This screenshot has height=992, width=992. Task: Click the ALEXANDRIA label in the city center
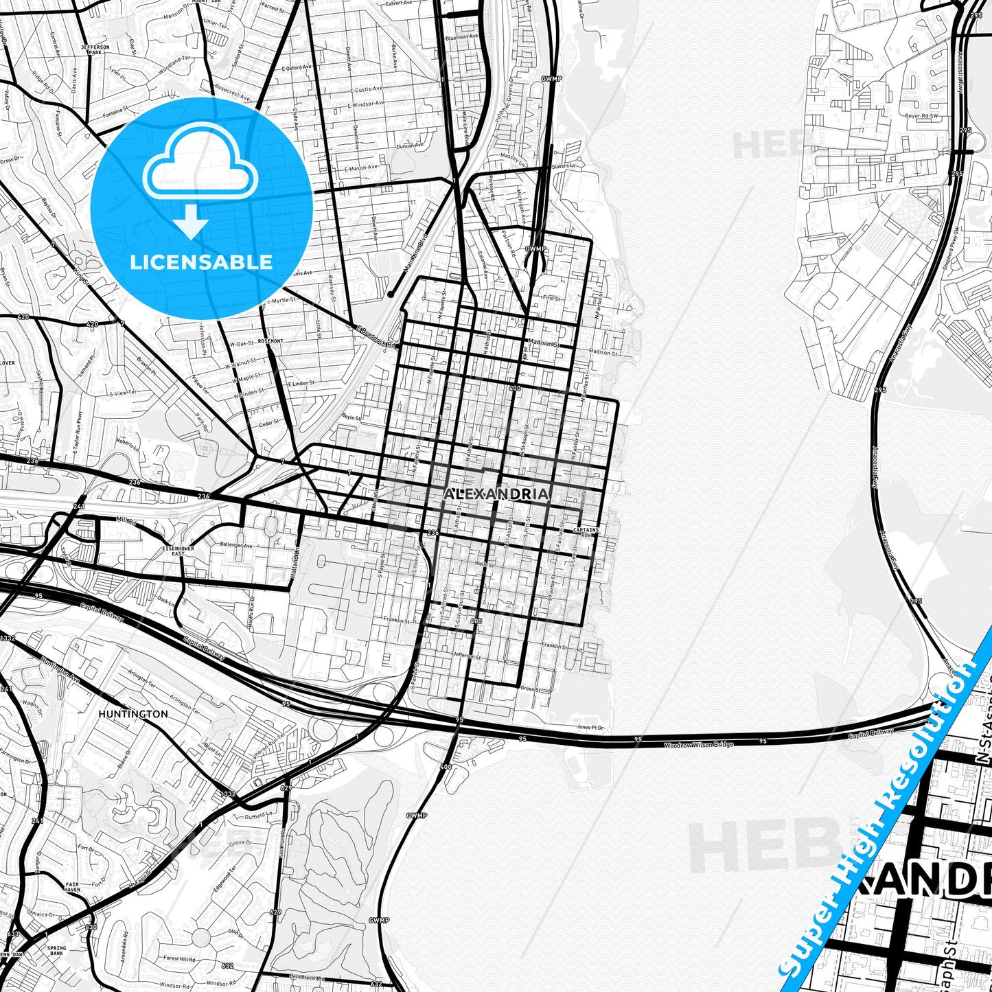(496, 494)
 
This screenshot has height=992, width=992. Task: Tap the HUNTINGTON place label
(132, 714)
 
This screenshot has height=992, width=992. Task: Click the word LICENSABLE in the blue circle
(201, 262)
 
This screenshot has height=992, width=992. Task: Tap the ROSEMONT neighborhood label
(270, 341)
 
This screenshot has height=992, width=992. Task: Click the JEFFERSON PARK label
(95, 49)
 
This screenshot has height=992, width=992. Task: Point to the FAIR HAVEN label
(73, 887)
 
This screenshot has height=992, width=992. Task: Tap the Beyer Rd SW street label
(921, 116)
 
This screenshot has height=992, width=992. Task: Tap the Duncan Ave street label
(410, 146)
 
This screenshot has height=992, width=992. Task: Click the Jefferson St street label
(468, 656)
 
